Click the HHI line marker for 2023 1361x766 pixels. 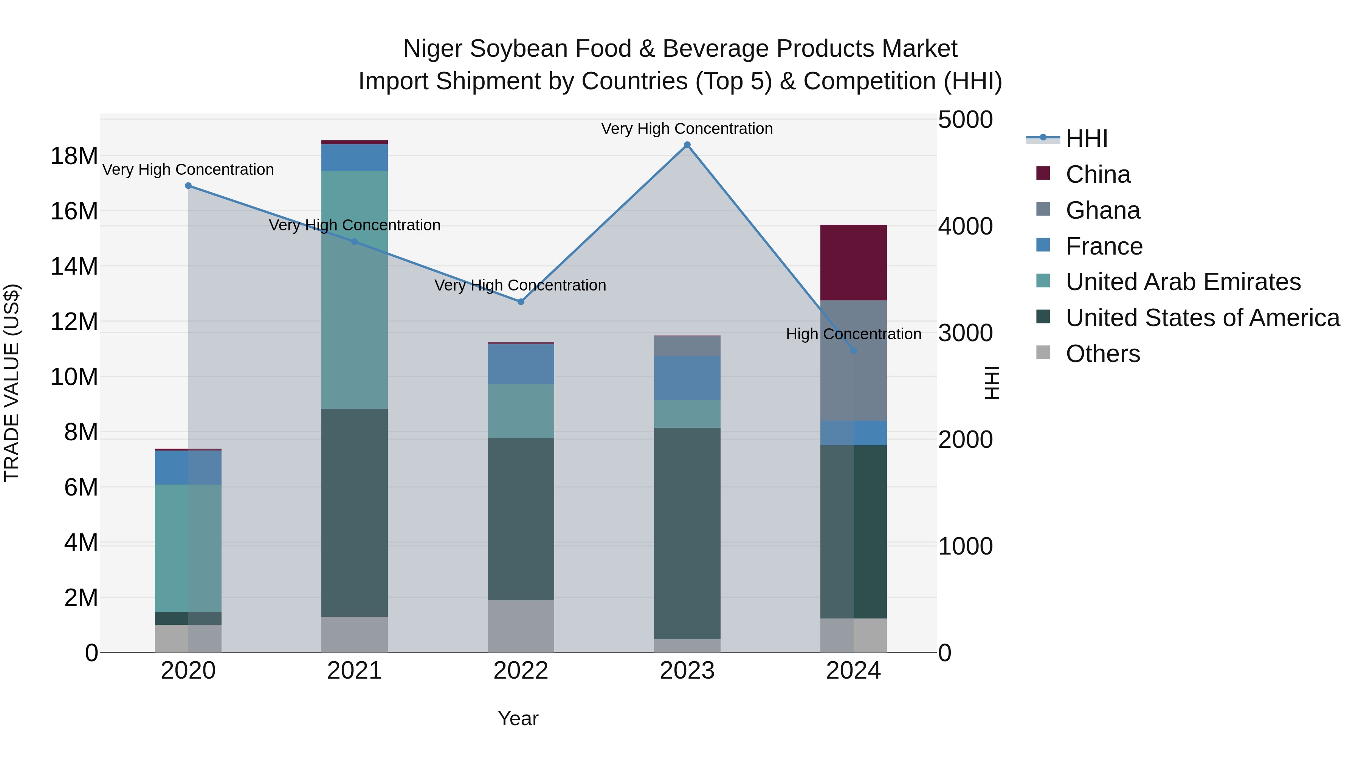point(687,145)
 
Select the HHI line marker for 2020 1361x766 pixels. point(189,186)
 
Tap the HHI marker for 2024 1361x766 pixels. point(853,351)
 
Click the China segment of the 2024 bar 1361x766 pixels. point(853,263)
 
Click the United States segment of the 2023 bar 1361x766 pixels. point(687,533)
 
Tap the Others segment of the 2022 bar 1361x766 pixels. point(521,626)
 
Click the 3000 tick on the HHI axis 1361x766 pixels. point(965,333)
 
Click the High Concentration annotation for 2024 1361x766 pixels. point(853,334)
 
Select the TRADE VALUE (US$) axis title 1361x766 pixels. point(12,383)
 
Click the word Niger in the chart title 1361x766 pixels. point(433,49)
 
